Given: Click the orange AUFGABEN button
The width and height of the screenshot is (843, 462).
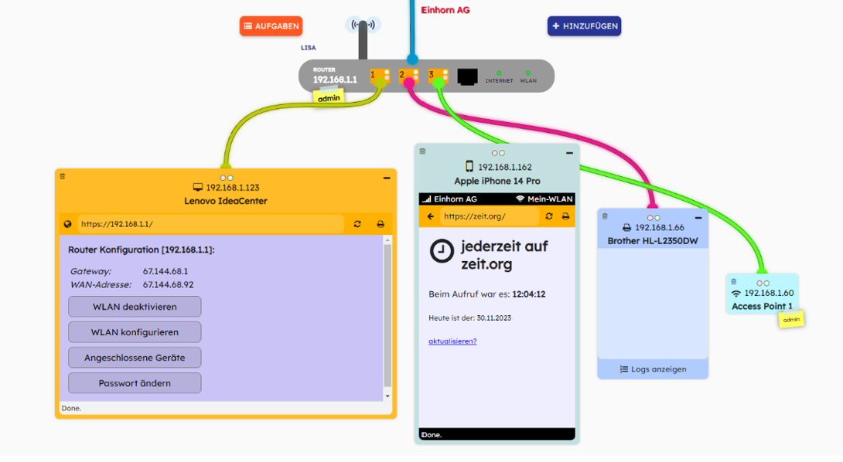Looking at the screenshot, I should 271,26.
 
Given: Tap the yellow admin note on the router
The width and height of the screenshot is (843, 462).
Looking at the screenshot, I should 329,97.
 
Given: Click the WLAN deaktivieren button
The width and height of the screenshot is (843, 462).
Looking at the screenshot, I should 135,307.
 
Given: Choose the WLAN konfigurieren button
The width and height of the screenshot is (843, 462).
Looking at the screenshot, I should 135,332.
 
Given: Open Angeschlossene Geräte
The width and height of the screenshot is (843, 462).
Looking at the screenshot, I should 135,358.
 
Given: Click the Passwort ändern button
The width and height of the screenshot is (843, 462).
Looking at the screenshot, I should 135,383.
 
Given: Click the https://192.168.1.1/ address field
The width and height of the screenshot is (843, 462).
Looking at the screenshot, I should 209,224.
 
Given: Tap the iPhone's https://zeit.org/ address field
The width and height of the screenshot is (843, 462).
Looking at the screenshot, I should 489,216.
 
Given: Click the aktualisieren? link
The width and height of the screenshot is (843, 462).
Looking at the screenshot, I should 452,341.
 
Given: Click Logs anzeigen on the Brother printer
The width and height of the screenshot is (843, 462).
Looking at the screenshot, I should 653,369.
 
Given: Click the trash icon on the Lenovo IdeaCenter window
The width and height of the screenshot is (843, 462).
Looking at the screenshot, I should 63,177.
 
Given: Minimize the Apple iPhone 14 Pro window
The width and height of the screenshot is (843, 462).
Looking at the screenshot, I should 570,152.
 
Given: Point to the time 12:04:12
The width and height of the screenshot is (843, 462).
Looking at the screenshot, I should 529,294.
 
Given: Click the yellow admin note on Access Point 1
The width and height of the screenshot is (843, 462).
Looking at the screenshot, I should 790,320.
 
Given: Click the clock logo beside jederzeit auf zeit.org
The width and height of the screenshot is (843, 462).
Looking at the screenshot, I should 442,252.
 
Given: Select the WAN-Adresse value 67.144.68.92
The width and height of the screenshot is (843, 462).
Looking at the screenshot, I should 168,285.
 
